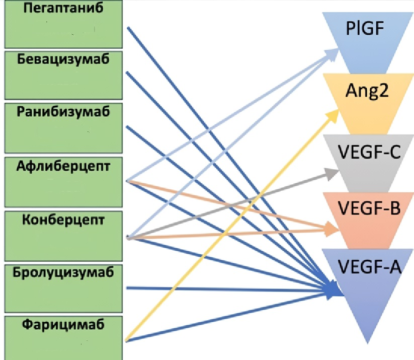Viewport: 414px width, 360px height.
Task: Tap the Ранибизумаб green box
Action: click(x=63, y=128)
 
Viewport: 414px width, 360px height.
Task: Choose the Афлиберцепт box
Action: click(x=63, y=181)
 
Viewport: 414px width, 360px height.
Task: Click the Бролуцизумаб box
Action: click(x=63, y=287)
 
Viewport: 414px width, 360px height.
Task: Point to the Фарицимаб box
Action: click(x=63, y=337)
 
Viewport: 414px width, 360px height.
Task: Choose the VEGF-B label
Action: click(x=369, y=207)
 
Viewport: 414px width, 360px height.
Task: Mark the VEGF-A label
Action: click(x=369, y=265)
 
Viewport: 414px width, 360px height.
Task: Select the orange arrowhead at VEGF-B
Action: click(x=332, y=229)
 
